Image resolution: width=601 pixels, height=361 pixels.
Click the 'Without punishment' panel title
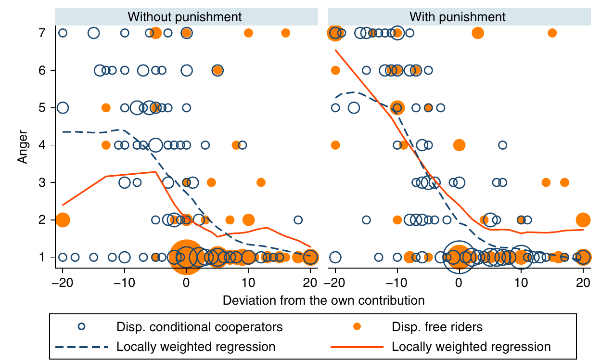pyautogui.click(x=185, y=17)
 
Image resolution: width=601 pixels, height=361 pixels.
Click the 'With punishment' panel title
pyautogui.click(x=458, y=17)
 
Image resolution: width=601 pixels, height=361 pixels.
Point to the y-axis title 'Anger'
pyautogui.click(x=23, y=147)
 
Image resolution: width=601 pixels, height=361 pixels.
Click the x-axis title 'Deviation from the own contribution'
pyautogui.click(x=323, y=301)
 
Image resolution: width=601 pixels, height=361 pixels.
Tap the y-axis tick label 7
pyautogui.click(x=42, y=33)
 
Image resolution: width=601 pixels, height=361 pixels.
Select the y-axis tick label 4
pyautogui.click(x=42, y=145)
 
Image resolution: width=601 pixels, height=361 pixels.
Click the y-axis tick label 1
pyautogui.click(x=42, y=258)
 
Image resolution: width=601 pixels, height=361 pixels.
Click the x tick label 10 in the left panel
pyautogui.click(x=248, y=283)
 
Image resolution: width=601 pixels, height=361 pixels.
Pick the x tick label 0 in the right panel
pyautogui.click(x=459, y=283)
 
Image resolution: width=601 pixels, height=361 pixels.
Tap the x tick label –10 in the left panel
pyautogui.click(x=124, y=283)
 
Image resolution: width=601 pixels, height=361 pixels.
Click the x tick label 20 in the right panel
pyautogui.click(x=583, y=283)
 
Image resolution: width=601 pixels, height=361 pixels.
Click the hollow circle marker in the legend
pyautogui.click(x=82, y=326)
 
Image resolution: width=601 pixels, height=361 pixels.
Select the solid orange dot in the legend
pyautogui.click(x=357, y=326)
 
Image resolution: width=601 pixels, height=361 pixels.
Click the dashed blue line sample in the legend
pyautogui.click(x=82, y=347)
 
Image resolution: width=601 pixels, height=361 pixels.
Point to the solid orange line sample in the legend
pyautogui.click(x=357, y=347)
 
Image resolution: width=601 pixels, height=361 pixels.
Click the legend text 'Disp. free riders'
pyautogui.click(x=437, y=327)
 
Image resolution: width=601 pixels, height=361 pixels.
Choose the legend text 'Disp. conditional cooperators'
pyautogui.click(x=200, y=327)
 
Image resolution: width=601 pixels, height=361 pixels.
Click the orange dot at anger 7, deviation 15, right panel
pyautogui.click(x=552, y=33)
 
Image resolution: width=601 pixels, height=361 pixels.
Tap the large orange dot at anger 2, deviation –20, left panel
pyautogui.click(x=63, y=220)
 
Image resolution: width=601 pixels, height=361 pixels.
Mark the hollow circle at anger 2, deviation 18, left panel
pyautogui.click(x=298, y=220)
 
